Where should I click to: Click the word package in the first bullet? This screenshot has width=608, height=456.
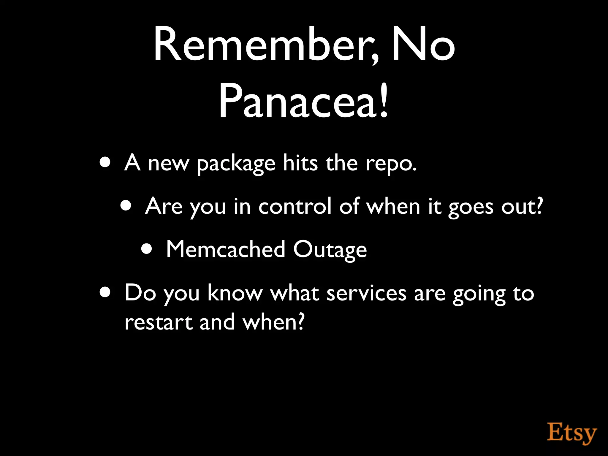point(236,164)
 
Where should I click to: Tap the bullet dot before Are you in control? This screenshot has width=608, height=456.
point(126,206)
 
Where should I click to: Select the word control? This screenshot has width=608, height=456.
point(294,206)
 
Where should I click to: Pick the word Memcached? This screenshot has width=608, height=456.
point(226,249)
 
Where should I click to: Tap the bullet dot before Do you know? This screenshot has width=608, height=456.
point(105,292)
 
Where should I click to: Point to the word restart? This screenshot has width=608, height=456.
point(159,322)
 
